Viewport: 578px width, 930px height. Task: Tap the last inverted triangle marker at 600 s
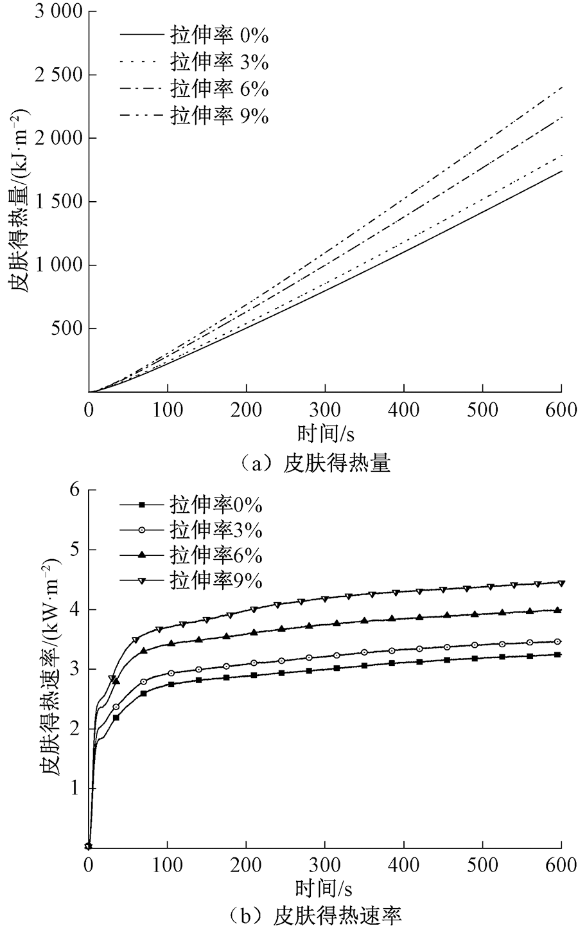561,584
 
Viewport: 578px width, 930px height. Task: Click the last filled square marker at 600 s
558,655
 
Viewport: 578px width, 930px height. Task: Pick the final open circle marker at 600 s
558,641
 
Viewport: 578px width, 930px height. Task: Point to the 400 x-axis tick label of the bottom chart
403,864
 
